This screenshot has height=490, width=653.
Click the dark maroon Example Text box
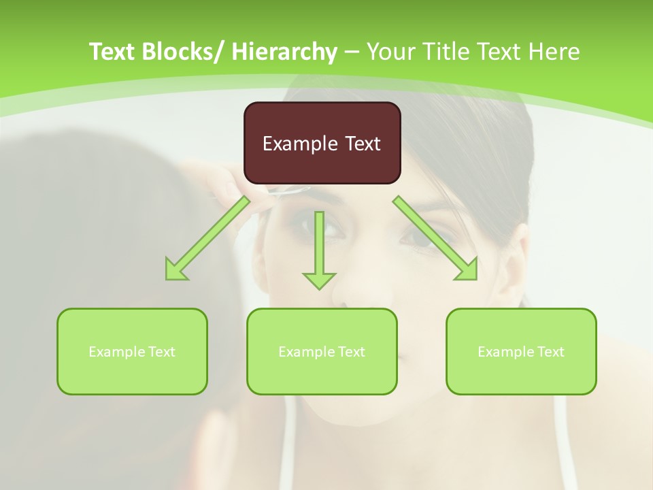point(322,143)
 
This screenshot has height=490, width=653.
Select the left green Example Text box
point(132,351)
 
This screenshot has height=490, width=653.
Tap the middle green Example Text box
point(322,351)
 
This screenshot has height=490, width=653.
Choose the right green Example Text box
point(521,351)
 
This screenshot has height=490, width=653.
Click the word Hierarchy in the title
point(284,52)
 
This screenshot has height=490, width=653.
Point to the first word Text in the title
point(113,52)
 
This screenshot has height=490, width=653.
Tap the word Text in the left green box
point(161,352)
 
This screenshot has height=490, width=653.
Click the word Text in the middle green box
point(350,352)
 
